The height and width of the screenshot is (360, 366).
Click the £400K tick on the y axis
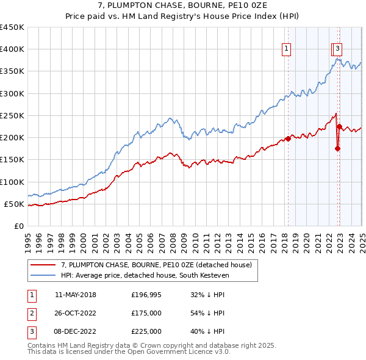pos(12,49)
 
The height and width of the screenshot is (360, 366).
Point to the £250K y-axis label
pos(12,115)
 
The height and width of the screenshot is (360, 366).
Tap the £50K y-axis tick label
pos(15,204)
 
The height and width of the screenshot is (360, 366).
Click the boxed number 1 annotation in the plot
pos(285,51)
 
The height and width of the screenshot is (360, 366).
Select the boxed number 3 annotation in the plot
pos(338,51)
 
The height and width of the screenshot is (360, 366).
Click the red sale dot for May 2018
pos(288,139)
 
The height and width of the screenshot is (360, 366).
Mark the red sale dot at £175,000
pos(337,148)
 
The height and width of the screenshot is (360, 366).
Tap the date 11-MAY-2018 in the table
pos(76,295)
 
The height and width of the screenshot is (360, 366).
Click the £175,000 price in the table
pos(146,313)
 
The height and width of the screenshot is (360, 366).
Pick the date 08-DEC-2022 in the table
pos(76,331)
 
